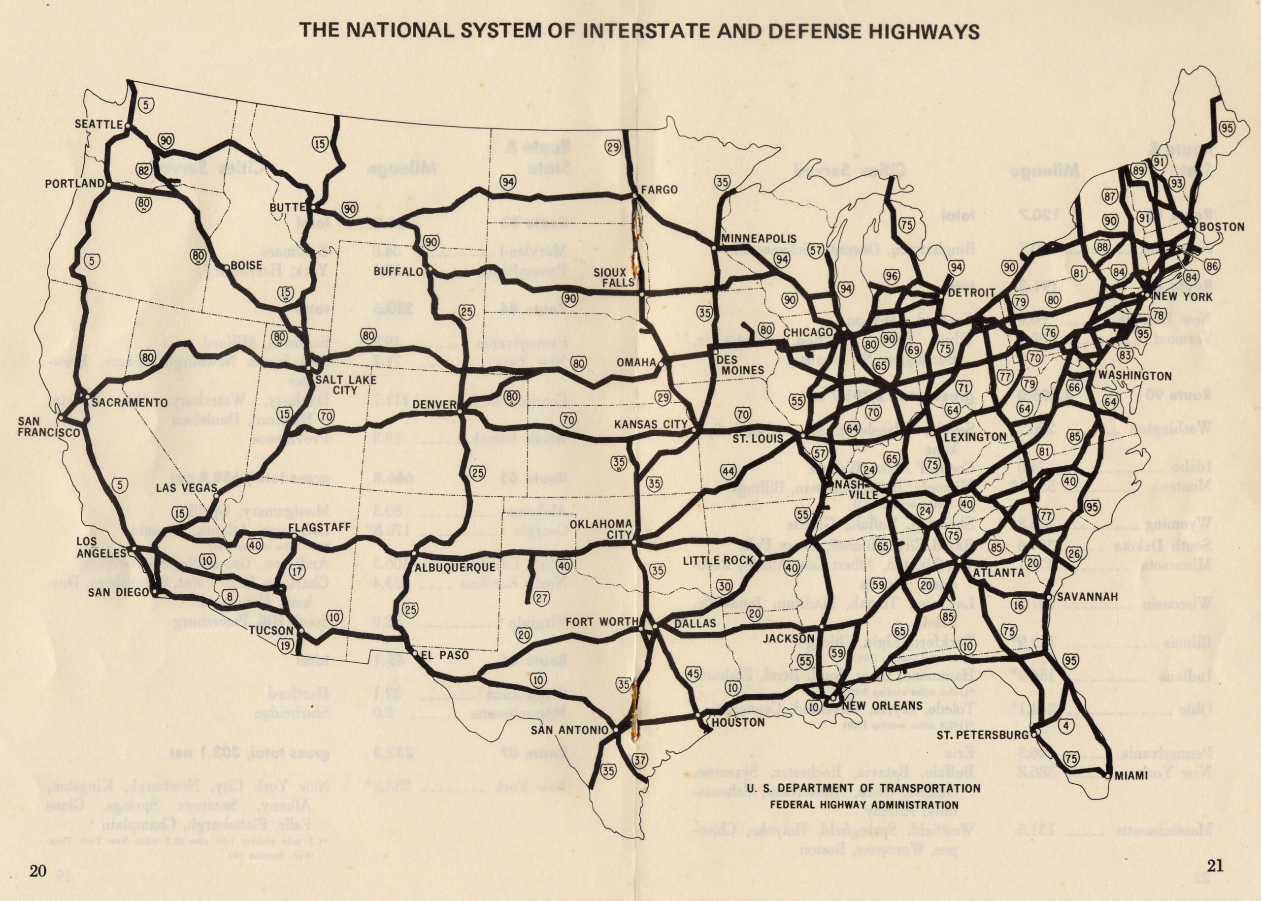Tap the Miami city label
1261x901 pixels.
tap(1129, 775)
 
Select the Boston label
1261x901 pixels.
tap(1222, 227)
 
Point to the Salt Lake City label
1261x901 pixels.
tap(345, 385)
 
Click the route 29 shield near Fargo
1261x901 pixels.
tap(613, 148)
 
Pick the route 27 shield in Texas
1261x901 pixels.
tap(542, 598)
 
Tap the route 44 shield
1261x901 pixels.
tap(728, 472)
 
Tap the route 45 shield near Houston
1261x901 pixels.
tap(693, 674)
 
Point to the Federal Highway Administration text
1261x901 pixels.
tap(863, 805)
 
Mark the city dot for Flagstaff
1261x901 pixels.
tap(294, 536)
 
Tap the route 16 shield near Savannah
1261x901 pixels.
tap(1019, 605)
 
